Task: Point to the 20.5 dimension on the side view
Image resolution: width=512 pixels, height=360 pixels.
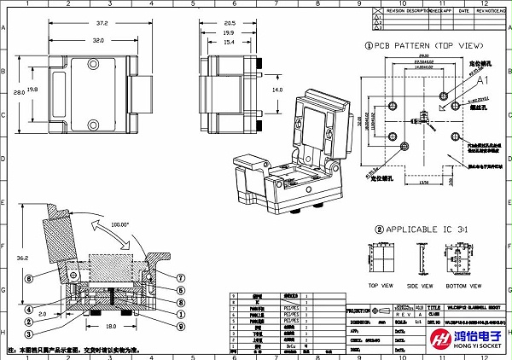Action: pos(230,23)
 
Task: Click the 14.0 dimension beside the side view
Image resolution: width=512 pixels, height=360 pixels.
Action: pos(276,89)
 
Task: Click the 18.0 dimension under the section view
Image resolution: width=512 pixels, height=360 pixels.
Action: pos(111,326)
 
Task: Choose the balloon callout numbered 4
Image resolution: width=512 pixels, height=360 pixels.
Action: pos(28,309)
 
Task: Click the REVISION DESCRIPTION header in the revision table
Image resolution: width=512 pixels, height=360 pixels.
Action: pos(406,12)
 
